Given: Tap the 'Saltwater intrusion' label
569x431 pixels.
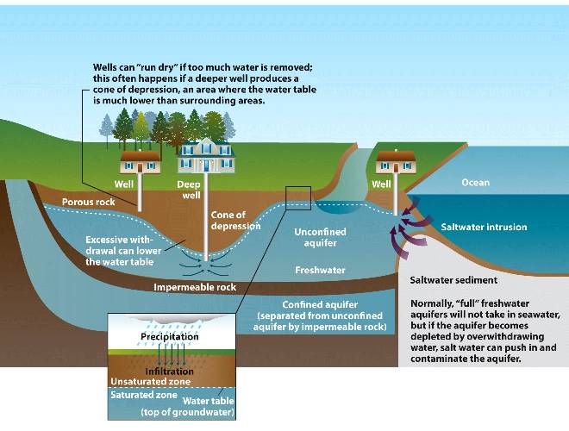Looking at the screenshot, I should pos(484,228).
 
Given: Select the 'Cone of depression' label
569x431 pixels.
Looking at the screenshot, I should pos(228,220).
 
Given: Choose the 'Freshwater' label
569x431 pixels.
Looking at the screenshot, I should pos(320,270).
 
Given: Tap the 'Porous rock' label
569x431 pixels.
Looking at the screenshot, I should pos(89,202).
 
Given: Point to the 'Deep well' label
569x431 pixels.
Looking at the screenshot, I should pos(189,189).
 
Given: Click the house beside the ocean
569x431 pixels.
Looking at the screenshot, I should pos(396,160).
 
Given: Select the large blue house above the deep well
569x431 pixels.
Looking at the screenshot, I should pos(199,156).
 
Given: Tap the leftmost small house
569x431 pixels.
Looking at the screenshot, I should pos(139,160).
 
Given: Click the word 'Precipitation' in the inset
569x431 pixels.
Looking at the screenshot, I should pos(170,336).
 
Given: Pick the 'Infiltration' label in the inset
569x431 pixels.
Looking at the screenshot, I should pos(167,372).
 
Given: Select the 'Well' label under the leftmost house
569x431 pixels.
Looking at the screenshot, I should pos(124,184).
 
